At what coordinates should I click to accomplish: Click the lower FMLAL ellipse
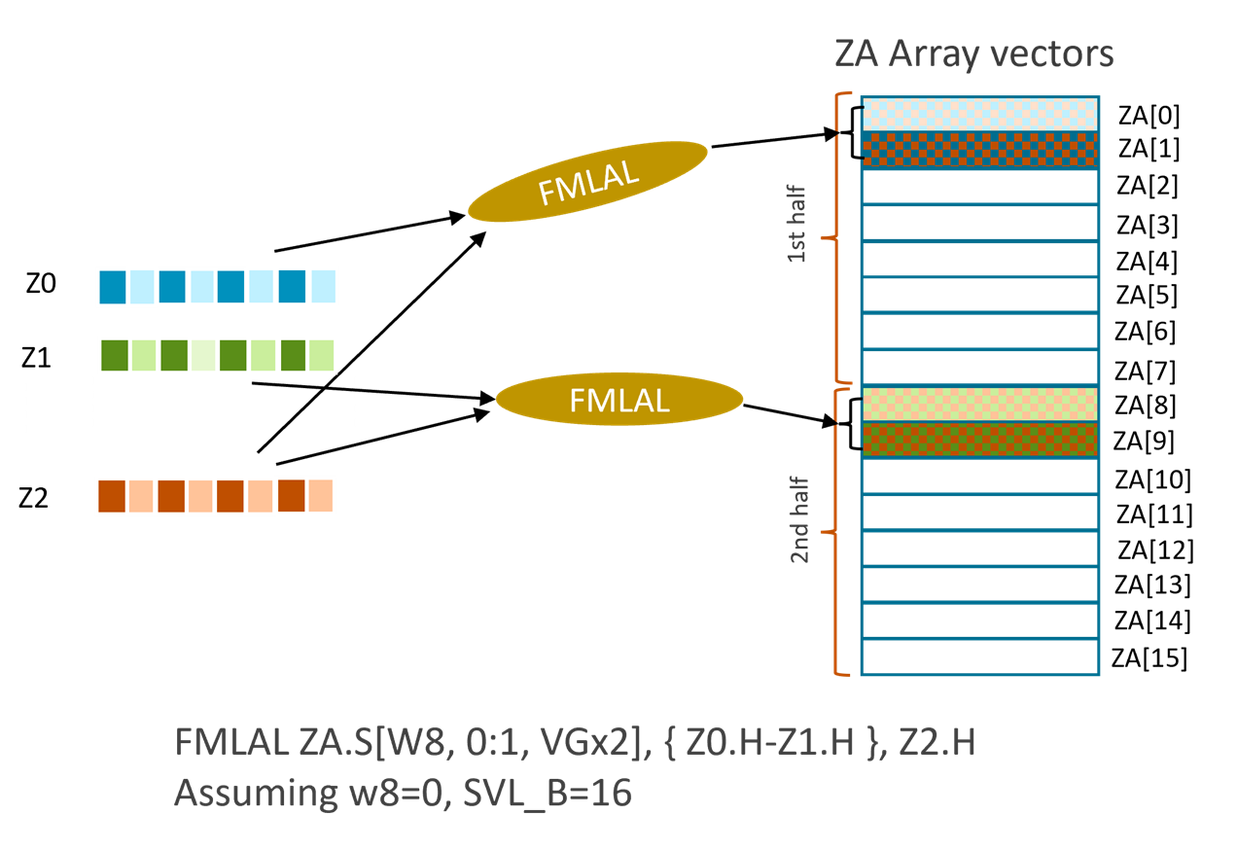[x=619, y=399]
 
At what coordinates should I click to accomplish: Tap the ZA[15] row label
[x=1150, y=659]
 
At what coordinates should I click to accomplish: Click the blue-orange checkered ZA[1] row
[x=978, y=150]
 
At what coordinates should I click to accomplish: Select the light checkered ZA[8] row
[x=978, y=404]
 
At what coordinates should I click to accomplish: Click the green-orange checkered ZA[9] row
[x=978, y=441]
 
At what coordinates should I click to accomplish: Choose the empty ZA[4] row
[x=978, y=260]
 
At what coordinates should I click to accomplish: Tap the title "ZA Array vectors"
[x=973, y=54]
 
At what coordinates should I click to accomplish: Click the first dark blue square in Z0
[x=113, y=287]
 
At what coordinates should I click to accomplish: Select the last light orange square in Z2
[x=320, y=495]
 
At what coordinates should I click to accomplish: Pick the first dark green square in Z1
[x=115, y=355]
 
